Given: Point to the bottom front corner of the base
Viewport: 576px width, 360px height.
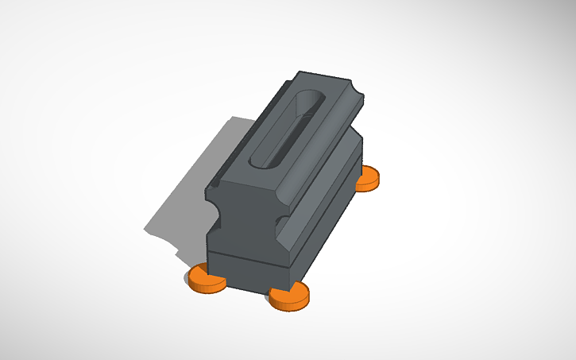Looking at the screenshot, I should pos(290,283).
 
